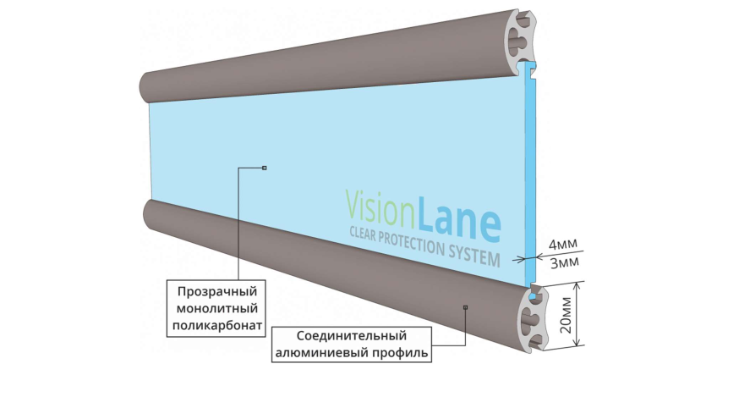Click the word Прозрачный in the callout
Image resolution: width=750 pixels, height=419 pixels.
coord(217,292)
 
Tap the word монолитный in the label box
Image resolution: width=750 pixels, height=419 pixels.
coord(217,308)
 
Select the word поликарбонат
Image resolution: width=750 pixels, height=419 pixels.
coord(217,326)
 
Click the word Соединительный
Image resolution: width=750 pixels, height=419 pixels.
coord(352,336)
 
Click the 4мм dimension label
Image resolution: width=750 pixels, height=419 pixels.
coord(562,245)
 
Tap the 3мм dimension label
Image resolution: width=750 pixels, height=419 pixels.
coord(565,262)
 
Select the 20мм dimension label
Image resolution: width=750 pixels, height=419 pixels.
coord(565,315)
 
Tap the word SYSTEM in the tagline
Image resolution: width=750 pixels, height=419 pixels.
coord(474,255)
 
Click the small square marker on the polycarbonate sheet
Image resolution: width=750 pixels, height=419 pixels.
coord(264,168)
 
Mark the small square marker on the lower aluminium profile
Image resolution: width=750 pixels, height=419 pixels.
coord(465,307)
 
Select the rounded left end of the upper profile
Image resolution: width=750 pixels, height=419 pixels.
coord(146,87)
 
